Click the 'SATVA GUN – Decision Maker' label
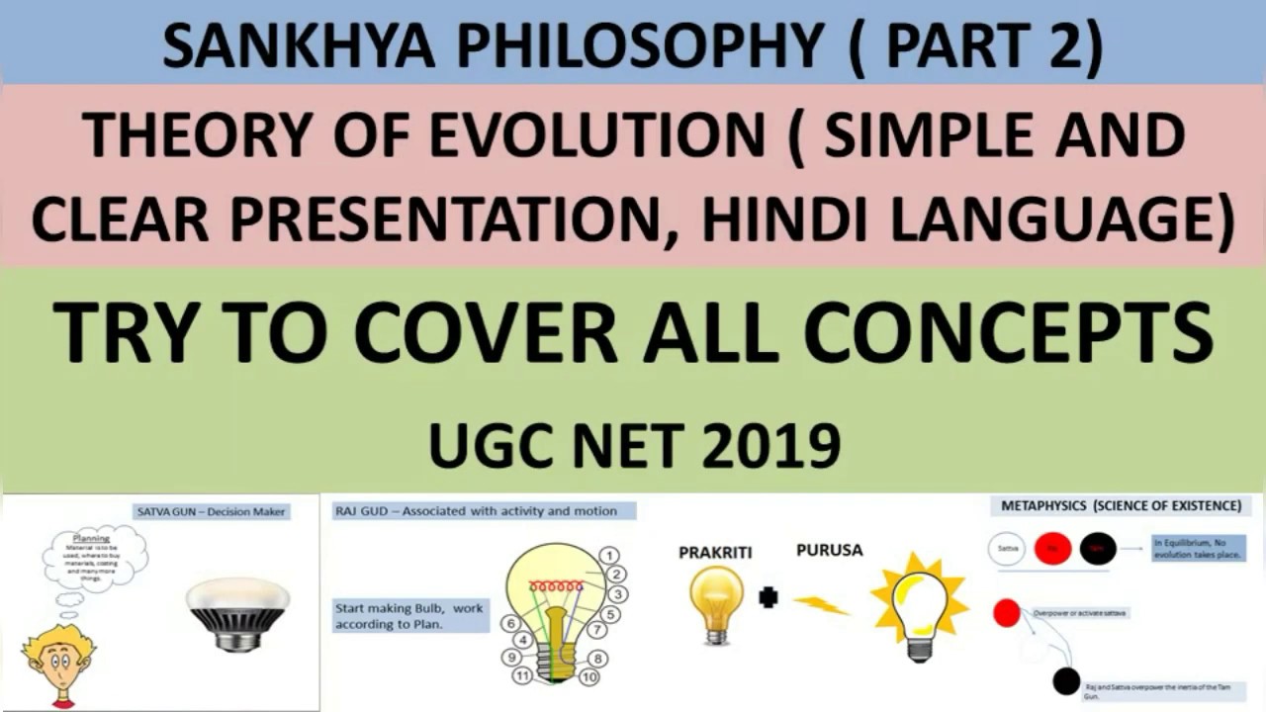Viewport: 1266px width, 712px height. (212, 511)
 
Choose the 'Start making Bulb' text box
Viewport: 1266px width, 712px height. (409, 616)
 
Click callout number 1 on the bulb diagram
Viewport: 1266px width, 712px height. (610, 556)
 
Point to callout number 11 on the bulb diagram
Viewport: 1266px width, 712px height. (522, 676)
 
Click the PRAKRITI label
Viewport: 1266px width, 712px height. (715, 553)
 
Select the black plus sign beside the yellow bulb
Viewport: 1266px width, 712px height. (769, 597)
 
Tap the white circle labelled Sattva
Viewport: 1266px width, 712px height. (1007, 548)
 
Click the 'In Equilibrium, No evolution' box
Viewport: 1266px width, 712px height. (1198, 549)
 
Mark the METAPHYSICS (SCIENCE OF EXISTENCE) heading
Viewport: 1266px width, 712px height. (1121, 505)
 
